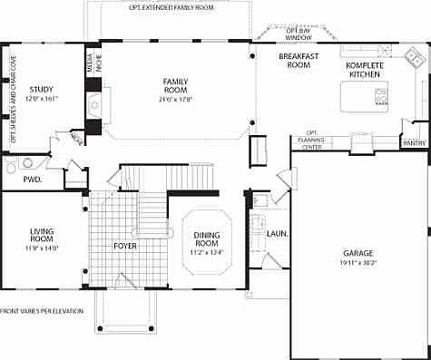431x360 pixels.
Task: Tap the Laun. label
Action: (278, 234)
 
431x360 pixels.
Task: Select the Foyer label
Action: (123, 246)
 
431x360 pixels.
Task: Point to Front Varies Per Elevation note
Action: (43, 311)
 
